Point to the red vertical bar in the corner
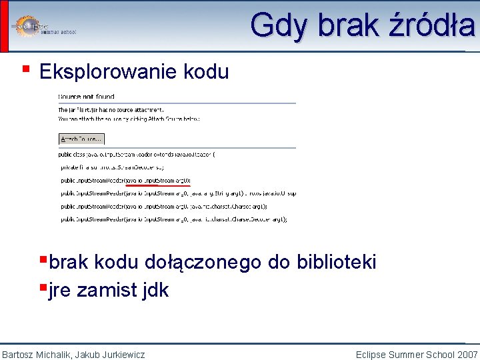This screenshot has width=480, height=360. click(x=4, y=25)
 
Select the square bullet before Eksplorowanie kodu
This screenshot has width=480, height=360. click(x=25, y=68)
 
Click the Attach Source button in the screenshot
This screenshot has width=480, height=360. click(x=81, y=139)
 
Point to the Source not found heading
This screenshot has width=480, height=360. click(x=87, y=97)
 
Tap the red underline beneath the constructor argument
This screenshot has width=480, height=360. click(x=158, y=186)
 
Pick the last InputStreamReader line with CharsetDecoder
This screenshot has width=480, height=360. click(x=173, y=219)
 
